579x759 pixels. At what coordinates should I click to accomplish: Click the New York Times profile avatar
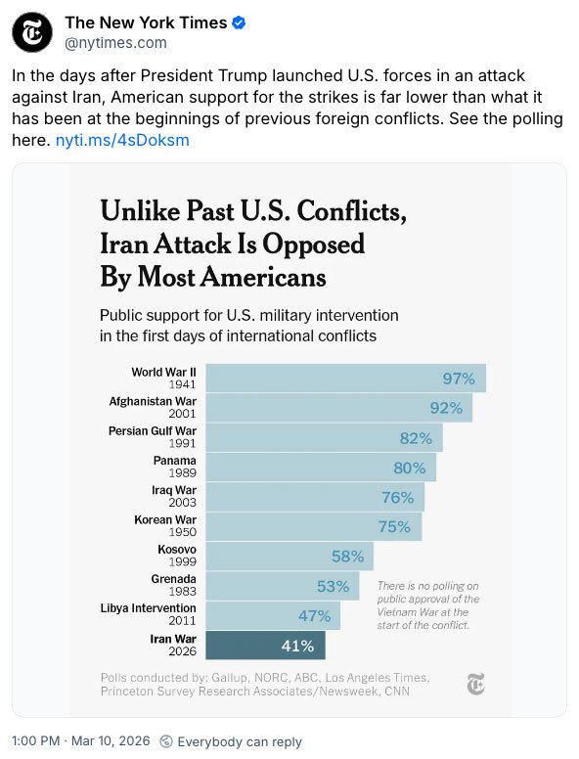tap(32, 32)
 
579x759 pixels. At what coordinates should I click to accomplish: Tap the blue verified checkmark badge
tap(239, 22)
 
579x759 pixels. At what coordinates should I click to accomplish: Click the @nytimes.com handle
tap(115, 43)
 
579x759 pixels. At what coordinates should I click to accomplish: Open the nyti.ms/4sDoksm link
tap(122, 141)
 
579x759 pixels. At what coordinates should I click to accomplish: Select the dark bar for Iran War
tap(265, 646)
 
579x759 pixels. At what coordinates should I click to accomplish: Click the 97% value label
tap(459, 379)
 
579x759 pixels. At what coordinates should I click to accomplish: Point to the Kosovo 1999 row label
tap(177, 556)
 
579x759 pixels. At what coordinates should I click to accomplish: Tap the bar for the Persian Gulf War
tap(324, 438)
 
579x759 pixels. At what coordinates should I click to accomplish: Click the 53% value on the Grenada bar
tap(333, 586)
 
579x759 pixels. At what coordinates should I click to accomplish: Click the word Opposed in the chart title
tap(313, 245)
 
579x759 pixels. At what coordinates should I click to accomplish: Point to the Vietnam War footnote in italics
tap(428, 605)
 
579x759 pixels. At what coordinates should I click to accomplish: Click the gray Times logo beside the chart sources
tap(476, 684)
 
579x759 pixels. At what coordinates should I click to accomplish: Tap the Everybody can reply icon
tap(166, 741)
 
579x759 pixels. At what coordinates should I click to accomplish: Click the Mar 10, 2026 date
tap(111, 741)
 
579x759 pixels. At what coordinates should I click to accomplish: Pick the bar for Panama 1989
tap(321, 468)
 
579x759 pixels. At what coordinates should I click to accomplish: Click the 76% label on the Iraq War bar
tap(397, 498)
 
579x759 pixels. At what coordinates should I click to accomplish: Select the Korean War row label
tap(165, 525)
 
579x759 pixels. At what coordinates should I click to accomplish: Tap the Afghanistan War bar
tap(338, 408)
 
